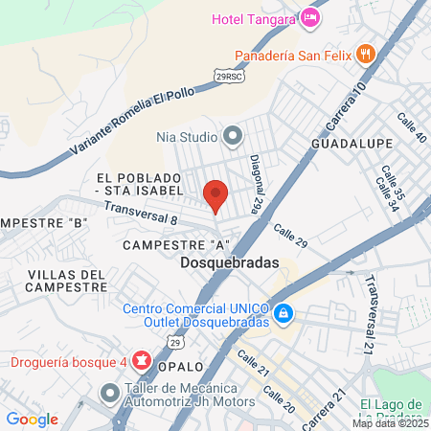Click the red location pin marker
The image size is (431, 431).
click(215, 194)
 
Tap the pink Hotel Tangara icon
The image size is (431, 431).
click(309, 18)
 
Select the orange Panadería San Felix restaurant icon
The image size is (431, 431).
click(364, 54)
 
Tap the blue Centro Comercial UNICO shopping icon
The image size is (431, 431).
click(284, 313)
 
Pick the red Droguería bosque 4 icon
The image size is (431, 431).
click(143, 361)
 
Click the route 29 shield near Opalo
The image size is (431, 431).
click(174, 341)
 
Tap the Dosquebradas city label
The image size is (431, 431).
click(229, 261)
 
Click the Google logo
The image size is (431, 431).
click(32, 419)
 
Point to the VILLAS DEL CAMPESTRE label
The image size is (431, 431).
click(65, 282)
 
